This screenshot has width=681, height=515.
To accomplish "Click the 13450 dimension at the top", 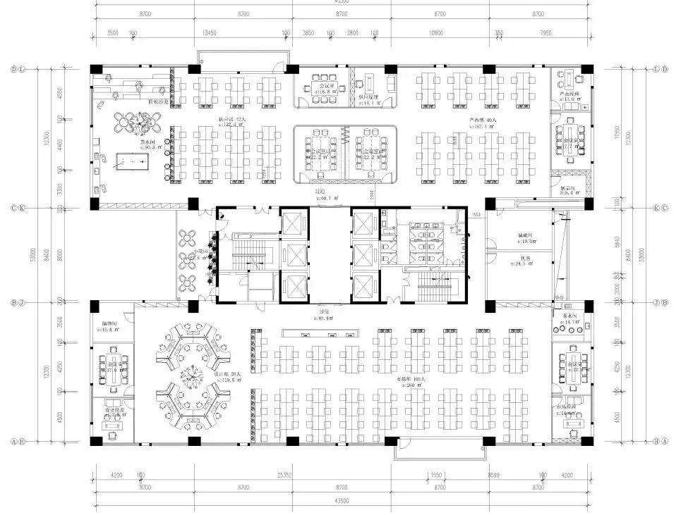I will [x=209, y=33].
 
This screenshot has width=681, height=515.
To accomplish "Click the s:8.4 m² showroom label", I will [x=570, y=192].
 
